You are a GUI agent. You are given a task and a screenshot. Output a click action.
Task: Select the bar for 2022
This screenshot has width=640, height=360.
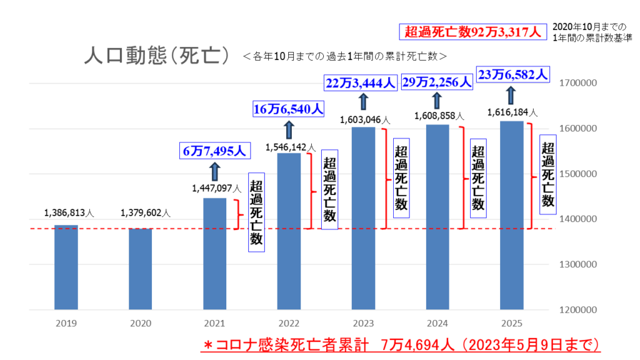(289, 231)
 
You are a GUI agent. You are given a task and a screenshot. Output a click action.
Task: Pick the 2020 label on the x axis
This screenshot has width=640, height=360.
(141, 324)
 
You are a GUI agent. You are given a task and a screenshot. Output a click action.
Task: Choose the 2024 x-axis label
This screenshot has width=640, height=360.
(437, 324)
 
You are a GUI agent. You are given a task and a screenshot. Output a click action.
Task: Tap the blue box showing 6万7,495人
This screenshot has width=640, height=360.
(214, 151)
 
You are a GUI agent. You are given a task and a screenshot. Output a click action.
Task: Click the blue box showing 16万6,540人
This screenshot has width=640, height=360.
(288, 109)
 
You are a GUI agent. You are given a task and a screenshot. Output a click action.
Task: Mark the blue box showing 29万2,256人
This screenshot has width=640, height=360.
(437, 82)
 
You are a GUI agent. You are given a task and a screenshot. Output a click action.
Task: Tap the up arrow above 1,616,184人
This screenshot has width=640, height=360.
(511, 96)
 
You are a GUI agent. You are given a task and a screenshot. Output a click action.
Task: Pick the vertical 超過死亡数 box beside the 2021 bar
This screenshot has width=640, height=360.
(256, 212)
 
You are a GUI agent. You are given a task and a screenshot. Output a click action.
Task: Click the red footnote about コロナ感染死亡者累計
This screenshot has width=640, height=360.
(403, 346)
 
